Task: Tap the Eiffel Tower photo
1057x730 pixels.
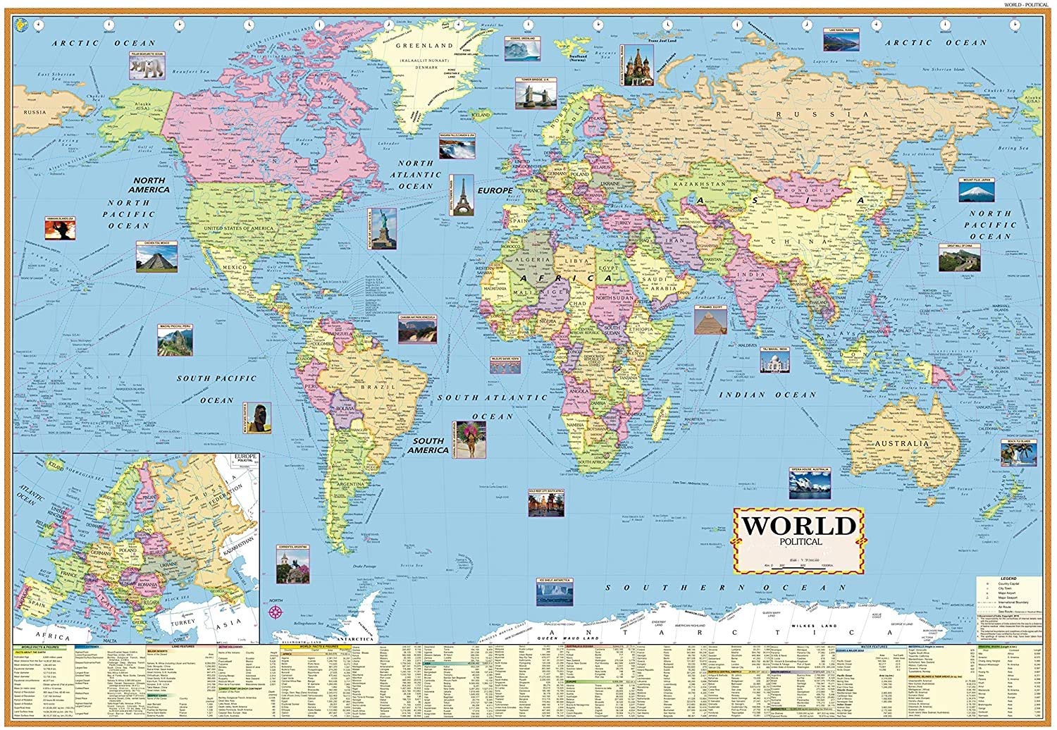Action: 462,194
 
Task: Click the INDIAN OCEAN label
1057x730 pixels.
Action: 777,395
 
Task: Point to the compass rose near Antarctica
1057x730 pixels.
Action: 276,610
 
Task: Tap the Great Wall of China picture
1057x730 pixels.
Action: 958,257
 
